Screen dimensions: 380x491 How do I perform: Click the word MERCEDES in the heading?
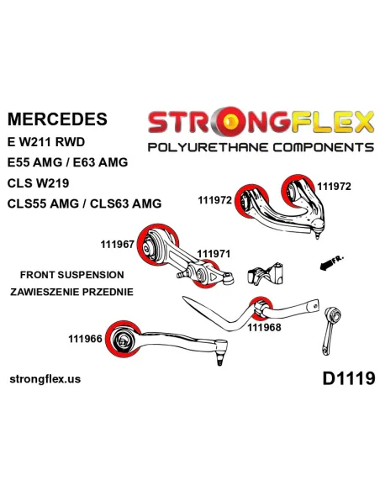[x=57, y=119]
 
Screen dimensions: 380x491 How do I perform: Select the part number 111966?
[x=85, y=339]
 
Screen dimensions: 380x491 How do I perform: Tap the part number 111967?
[x=118, y=245]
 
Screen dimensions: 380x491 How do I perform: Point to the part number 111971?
[x=214, y=254]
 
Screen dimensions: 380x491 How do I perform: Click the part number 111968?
[x=264, y=327]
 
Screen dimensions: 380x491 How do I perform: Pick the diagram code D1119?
[x=349, y=378]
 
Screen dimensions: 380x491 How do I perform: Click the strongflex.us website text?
[x=45, y=379]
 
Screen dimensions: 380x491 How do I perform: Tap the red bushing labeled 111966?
[x=124, y=339]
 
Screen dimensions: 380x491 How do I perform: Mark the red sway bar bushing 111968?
[x=261, y=309]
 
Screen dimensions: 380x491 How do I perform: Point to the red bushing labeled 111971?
[x=205, y=274]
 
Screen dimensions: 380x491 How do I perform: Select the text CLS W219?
[x=38, y=183]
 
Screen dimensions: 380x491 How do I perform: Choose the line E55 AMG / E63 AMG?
[x=67, y=162]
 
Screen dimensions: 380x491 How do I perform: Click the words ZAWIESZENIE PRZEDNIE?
[x=71, y=292]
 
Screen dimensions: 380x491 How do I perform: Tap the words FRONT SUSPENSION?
[x=72, y=275]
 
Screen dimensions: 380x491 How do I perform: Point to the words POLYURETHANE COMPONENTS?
[x=261, y=147]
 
